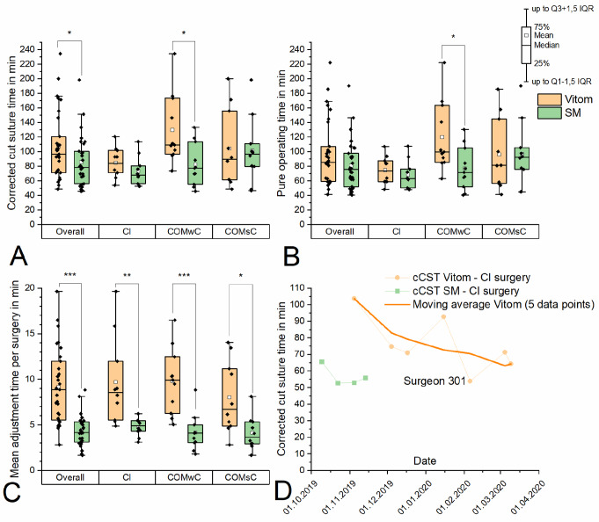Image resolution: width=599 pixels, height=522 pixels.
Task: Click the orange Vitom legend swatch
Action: [x=550, y=99]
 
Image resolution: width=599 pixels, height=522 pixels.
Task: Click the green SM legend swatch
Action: [x=550, y=113]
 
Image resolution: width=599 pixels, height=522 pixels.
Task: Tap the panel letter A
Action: [x=18, y=256]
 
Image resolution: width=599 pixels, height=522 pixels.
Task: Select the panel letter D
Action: [x=283, y=491]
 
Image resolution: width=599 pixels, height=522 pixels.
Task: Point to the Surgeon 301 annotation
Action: [x=435, y=381]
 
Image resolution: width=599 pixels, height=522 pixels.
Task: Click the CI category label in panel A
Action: [x=127, y=232]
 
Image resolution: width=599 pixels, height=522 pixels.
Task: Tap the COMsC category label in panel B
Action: [x=510, y=232]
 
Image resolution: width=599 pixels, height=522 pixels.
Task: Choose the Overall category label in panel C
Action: [x=69, y=477]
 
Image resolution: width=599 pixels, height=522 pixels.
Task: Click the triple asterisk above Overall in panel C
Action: [x=69, y=275]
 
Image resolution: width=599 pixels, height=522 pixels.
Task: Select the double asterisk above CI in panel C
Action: [x=127, y=275]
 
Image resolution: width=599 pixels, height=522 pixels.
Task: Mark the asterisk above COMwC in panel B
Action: [x=454, y=37]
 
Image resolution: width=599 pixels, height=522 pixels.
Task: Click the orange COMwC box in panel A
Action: [x=172, y=127]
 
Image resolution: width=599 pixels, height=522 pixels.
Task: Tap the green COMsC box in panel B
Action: [x=522, y=158]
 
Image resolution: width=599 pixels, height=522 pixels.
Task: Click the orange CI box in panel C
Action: [x=116, y=391]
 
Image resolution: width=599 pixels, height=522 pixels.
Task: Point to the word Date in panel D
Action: [x=425, y=461]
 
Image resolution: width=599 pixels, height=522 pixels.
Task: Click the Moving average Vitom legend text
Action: [x=503, y=304]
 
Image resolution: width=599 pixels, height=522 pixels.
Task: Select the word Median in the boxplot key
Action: [x=546, y=45]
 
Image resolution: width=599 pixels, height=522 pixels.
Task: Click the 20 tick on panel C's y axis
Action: [x=30, y=288]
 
